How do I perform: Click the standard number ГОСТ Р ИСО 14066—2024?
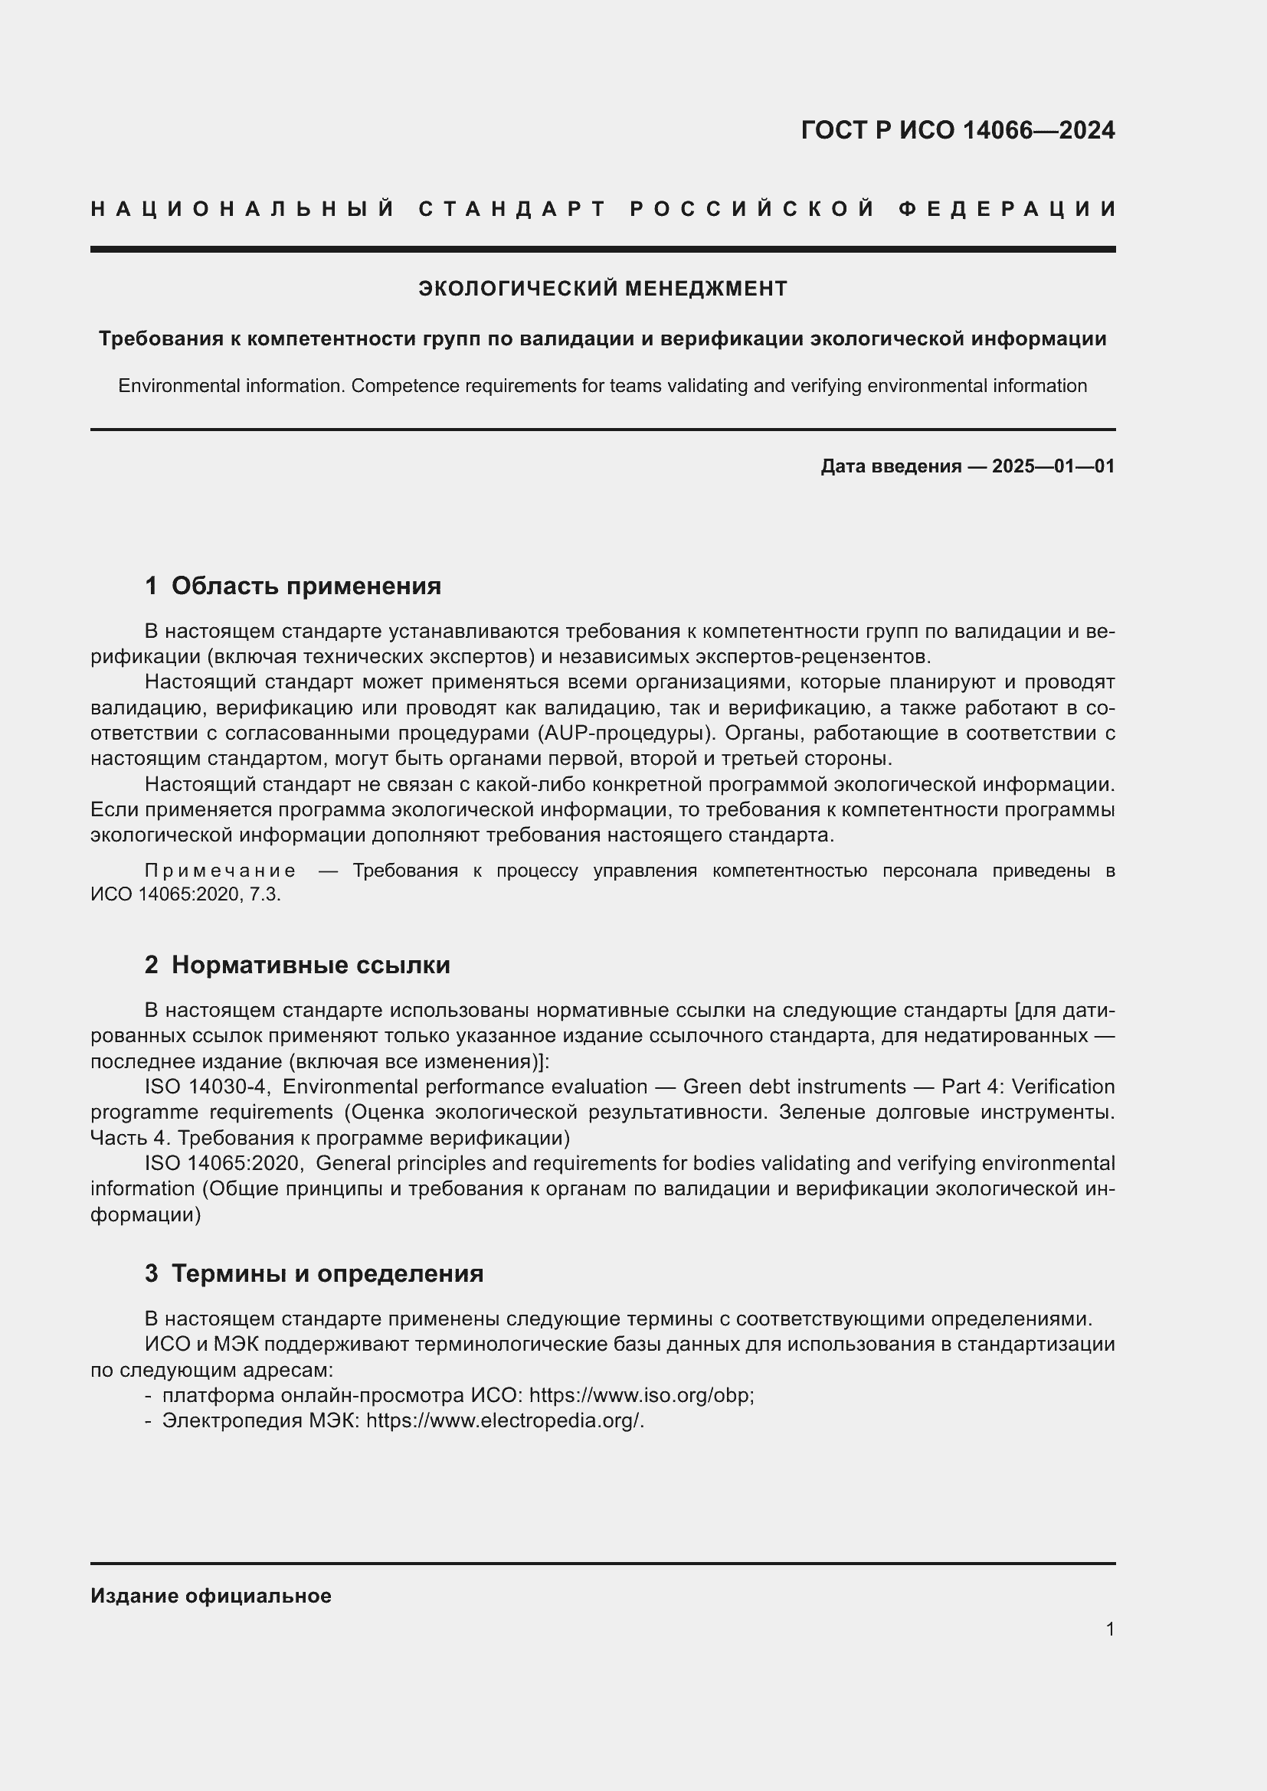(x=958, y=130)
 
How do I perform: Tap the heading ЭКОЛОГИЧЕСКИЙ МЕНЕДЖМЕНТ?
(x=602, y=289)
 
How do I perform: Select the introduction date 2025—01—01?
(x=1053, y=466)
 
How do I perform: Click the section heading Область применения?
(x=306, y=586)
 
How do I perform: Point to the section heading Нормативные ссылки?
(x=310, y=965)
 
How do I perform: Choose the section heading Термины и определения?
(x=327, y=1274)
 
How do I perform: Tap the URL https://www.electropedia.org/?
(x=504, y=1420)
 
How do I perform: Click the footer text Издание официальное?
(x=211, y=1596)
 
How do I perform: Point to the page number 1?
(x=1109, y=1629)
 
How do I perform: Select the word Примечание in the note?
(x=220, y=871)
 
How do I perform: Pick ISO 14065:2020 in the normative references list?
(x=223, y=1163)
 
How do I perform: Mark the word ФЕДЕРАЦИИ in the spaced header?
(x=1007, y=209)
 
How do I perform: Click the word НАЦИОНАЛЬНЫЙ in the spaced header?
(x=243, y=209)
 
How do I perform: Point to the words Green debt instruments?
(x=794, y=1087)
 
